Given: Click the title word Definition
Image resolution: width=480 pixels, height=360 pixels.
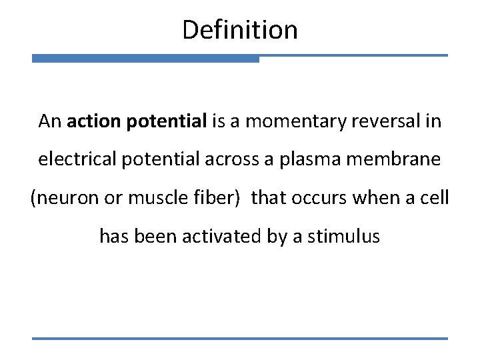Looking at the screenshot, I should [x=239, y=30].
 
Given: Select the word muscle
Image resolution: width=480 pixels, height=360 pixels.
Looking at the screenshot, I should [x=149, y=199].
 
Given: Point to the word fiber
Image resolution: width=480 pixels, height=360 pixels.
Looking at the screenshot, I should [x=210, y=199].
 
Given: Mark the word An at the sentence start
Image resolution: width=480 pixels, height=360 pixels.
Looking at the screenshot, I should [x=50, y=121].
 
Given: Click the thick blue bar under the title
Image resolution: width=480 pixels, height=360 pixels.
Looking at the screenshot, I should [x=145, y=59].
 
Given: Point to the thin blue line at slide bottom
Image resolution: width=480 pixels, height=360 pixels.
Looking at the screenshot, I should [x=240, y=338].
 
